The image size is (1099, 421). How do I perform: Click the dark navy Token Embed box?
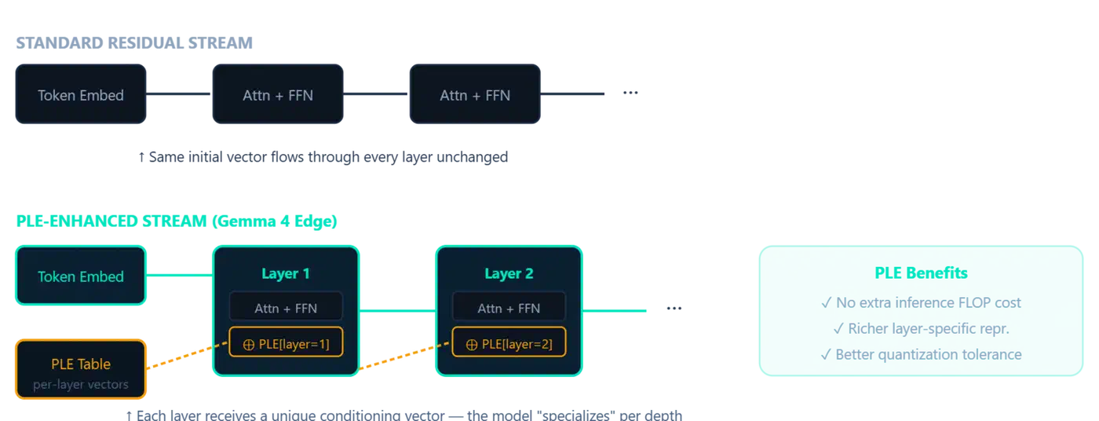[80, 95]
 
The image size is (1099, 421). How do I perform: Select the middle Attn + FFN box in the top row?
[278, 95]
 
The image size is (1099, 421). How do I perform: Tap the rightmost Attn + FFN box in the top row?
[474, 95]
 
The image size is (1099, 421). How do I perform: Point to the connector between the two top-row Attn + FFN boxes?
[376, 94]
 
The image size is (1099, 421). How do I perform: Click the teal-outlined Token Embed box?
[80, 276]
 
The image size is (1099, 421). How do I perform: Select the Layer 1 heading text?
[286, 273]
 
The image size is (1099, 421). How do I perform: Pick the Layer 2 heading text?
[509, 273]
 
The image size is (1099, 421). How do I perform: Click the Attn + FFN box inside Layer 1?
[286, 308]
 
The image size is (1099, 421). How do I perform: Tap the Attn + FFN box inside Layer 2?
[509, 308]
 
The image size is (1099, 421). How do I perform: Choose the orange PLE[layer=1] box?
[286, 343]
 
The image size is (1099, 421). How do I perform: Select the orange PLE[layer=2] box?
[509, 343]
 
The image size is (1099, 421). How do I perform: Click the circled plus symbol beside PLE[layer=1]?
[249, 344]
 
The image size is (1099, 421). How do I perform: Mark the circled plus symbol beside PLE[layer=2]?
[472, 344]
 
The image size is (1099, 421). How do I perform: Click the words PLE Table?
[80, 364]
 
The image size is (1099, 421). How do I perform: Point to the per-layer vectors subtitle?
[80, 385]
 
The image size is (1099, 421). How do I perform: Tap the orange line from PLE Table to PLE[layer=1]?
[181, 361]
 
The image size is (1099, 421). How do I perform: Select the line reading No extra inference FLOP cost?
[920, 302]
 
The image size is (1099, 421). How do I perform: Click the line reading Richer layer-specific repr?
[920, 328]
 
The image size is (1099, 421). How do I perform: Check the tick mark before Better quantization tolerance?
[825, 354]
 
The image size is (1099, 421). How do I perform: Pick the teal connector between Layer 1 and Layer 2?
[397, 311]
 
